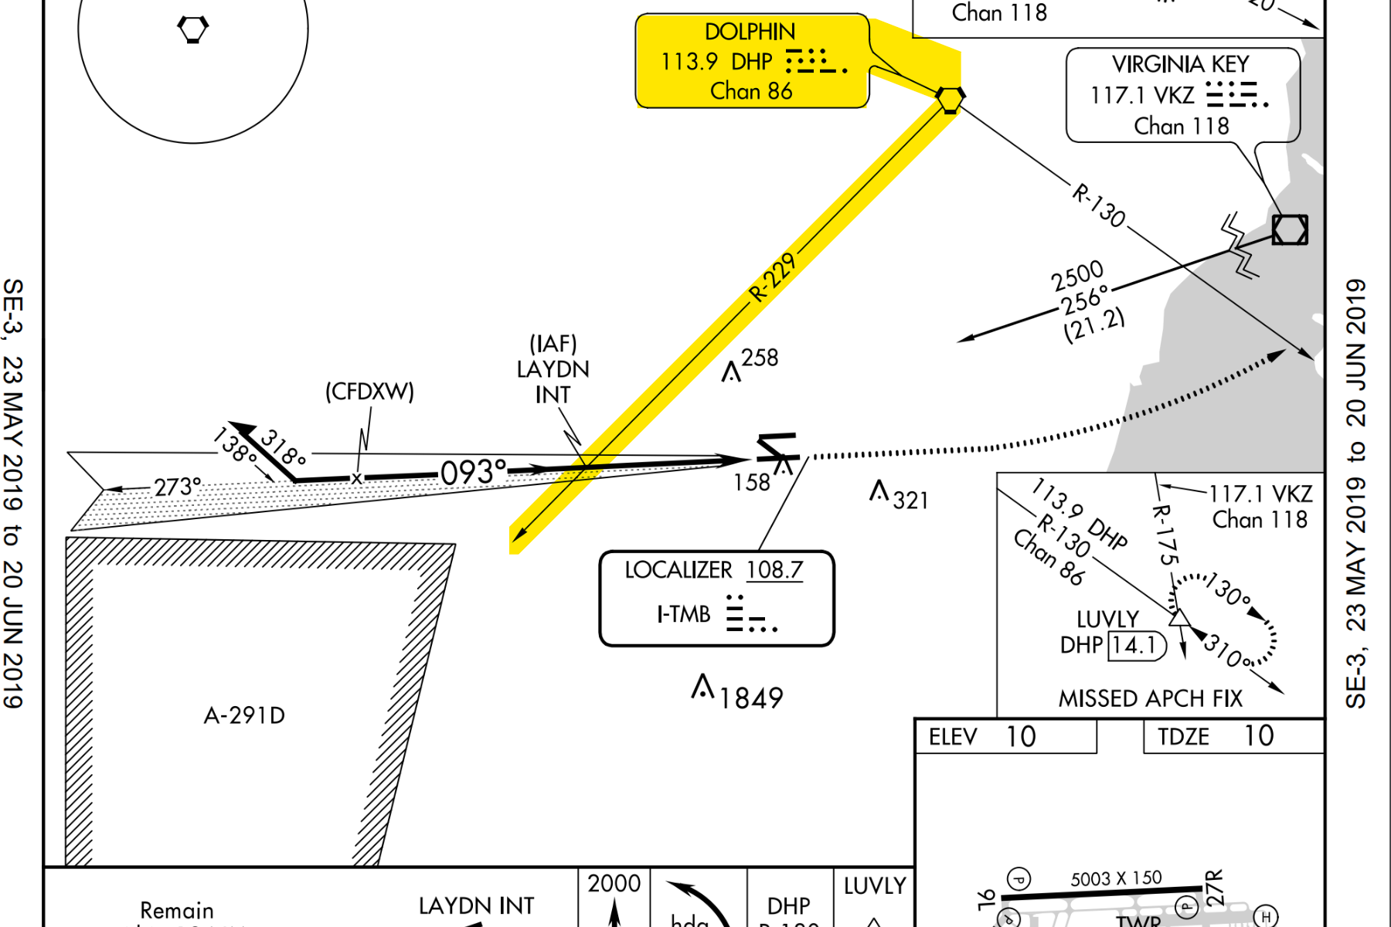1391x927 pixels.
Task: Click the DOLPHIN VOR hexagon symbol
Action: pyautogui.click(x=950, y=99)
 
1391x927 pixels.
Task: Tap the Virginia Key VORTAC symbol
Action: pyautogui.click(x=1290, y=229)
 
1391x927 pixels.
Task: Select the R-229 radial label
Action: pyautogui.click(x=772, y=277)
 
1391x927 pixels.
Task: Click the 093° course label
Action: pyautogui.click(x=473, y=472)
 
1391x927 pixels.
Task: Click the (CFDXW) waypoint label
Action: pyautogui.click(x=369, y=392)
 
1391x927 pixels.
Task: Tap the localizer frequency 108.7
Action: pyautogui.click(x=774, y=570)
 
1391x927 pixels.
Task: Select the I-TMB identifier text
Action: pyautogui.click(x=684, y=615)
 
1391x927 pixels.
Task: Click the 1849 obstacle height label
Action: pyautogui.click(x=751, y=698)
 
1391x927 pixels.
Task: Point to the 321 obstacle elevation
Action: pyautogui.click(x=910, y=501)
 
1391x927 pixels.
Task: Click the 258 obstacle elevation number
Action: pyautogui.click(x=760, y=358)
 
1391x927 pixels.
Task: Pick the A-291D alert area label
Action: pyautogui.click(x=244, y=715)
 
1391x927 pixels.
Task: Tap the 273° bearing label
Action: pyautogui.click(x=177, y=487)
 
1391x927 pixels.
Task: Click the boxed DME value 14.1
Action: pyautogui.click(x=1134, y=645)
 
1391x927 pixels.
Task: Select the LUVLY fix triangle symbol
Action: pyautogui.click(x=1178, y=617)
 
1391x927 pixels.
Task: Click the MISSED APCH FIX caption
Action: pyautogui.click(x=1150, y=698)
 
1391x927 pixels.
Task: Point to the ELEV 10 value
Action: pyautogui.click(x=1021, y=737)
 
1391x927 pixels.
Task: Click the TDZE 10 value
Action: pyautogui.click(x=1259, y=736)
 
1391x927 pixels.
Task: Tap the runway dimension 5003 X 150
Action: pyautogui.click(x=1116, y=878)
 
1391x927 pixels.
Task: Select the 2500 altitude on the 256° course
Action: pyautogui.click(x=1077, y=274)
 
